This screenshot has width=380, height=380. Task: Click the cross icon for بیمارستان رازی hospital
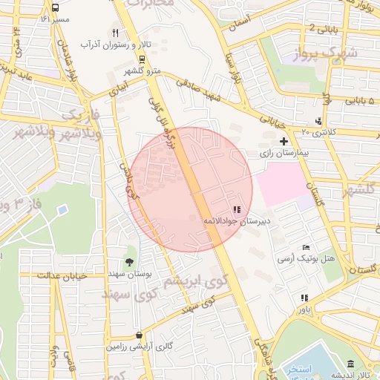click(x=283, y=140)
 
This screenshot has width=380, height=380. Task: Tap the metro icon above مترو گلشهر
click(x=142, y=59)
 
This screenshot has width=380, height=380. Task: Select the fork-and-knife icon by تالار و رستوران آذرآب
click(x=115, y=33)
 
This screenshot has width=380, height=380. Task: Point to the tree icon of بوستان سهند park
click(x=130, y=261)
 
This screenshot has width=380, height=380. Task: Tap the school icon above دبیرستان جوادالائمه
click(x=237, y=210)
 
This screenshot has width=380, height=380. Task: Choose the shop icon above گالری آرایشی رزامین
click(x=140, y=335)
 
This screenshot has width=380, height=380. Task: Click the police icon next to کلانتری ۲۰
click(x=318, y=121)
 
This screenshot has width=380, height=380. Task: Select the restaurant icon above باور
click(x=304, y=298)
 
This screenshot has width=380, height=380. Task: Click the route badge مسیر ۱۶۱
click(x=54, y=19)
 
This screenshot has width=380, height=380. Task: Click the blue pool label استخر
click(x=321, y=369)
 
